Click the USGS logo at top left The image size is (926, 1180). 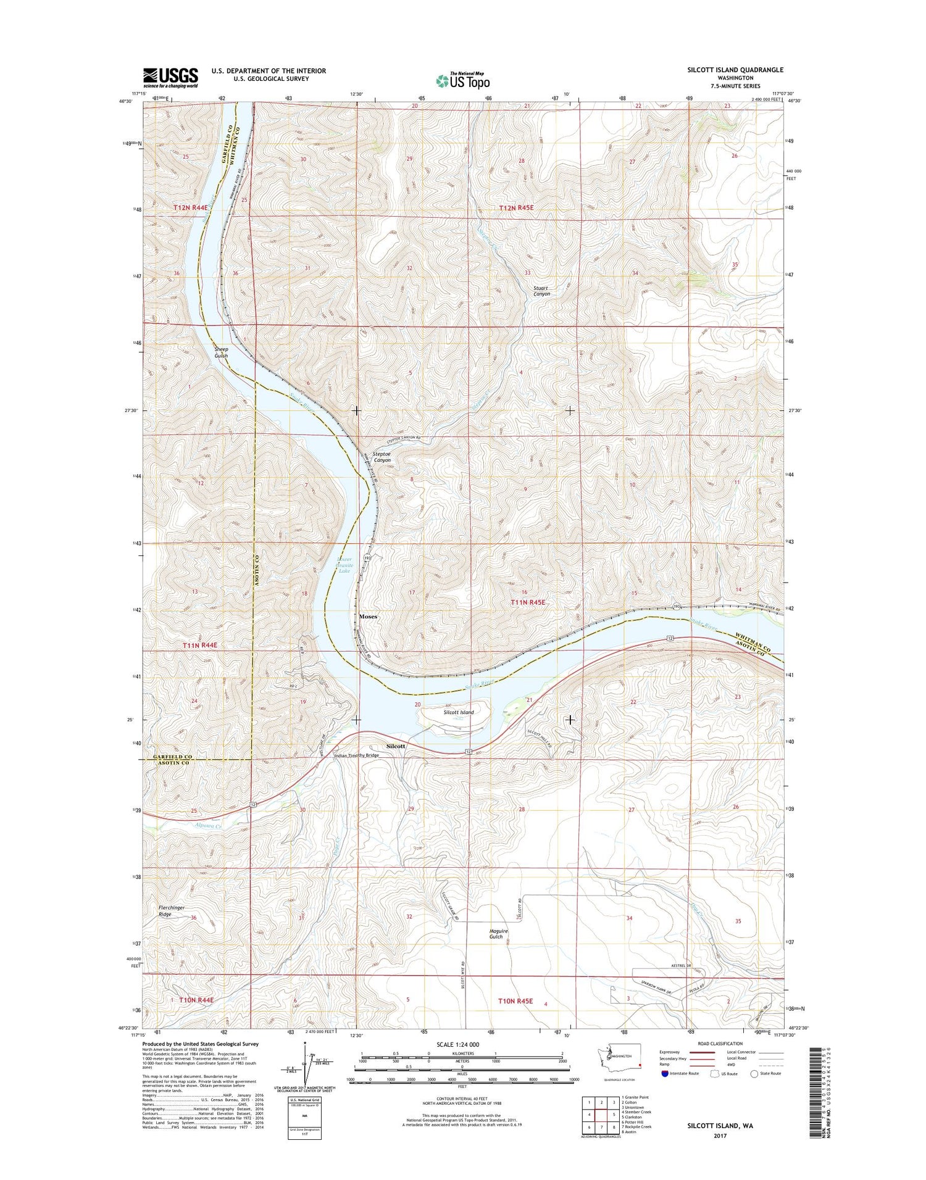(x=171, y=78)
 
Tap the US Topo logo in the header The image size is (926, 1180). (x=463, y=80)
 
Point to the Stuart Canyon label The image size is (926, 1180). (x=542, y=291)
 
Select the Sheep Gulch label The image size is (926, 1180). (x=221, y=352)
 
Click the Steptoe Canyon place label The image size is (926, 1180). (x=382, y=457)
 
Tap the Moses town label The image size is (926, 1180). (x=368, y=617)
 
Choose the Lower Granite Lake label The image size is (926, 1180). (x=344, y=565)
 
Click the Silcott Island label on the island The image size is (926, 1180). (x=459, y=712)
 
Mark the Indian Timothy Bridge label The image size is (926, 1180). (x=356, y=755)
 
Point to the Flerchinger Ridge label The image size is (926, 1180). (x=165, y=911)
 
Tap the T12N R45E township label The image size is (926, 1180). (x=515, y=208)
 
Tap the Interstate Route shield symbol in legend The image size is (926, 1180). (x=665, y=1073)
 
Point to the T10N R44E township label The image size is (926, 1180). (x=196, y=1000)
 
